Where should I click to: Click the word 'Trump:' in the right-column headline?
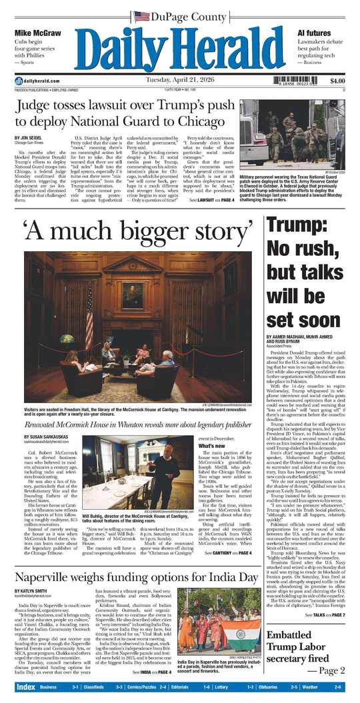(294, 245)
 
